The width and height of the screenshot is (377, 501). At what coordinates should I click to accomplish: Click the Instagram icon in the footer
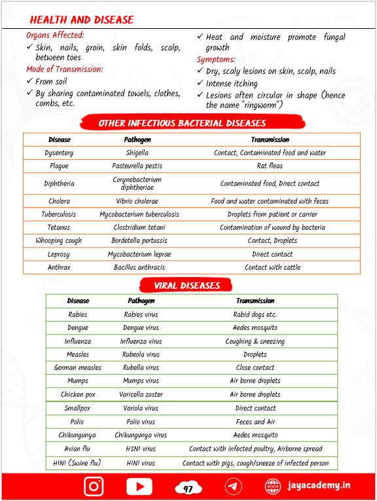coord(94,486)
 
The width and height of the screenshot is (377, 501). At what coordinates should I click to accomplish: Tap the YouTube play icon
coord(139,486)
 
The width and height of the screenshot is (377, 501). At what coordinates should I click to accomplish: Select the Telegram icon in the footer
coord(233,486)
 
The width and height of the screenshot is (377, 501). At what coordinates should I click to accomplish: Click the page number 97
coord(188,489)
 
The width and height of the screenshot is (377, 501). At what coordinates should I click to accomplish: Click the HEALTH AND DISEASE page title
coord(82,20)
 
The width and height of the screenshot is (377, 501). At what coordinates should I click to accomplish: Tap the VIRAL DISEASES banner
coord(187,285)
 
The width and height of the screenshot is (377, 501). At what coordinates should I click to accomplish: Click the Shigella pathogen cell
coord(137,153)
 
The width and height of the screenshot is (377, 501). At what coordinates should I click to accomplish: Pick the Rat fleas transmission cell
coord(270,166)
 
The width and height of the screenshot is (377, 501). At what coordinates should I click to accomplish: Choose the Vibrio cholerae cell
coord(137,201)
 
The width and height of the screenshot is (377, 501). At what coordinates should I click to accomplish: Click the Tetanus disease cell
coord(59,227)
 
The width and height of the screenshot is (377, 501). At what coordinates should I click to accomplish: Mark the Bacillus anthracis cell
coord(139,267)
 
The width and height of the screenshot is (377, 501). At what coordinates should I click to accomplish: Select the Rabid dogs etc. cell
coord(255,314)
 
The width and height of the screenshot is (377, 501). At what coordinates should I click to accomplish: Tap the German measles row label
coord(78,367)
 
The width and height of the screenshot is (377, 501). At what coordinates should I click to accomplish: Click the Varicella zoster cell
coord(141,394)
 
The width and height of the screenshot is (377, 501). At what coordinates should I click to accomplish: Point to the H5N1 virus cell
coord(141,449)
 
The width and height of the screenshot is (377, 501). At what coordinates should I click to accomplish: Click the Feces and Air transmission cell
coord(255,422)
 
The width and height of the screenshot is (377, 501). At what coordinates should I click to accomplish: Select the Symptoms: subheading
coord(217,60)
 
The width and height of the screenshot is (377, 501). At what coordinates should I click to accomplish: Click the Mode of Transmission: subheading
coord(65,69)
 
